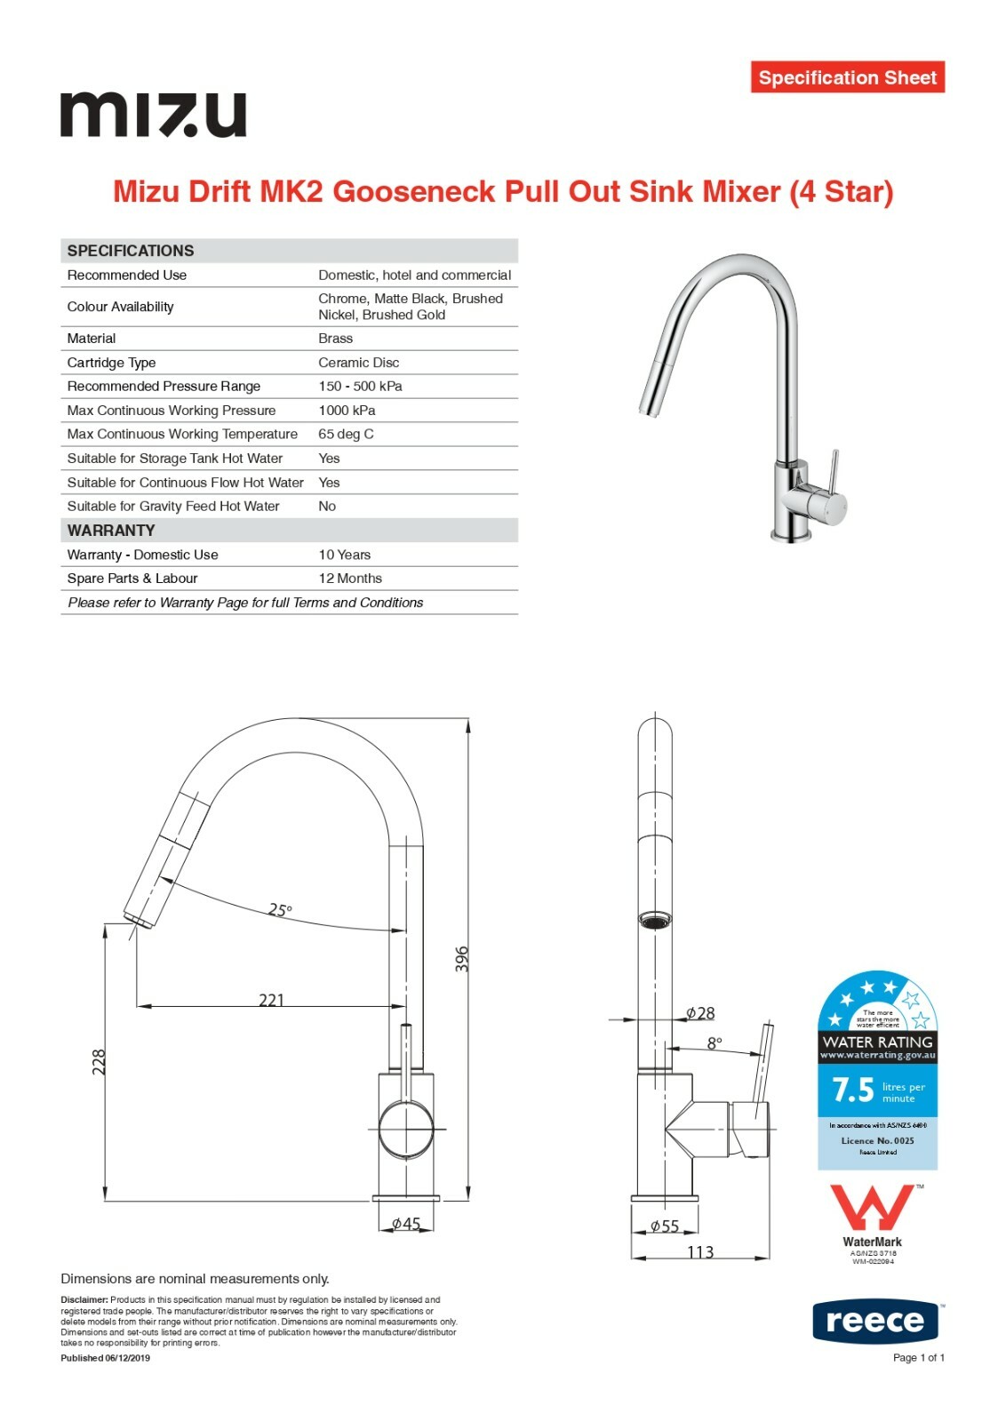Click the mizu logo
coord(153,115)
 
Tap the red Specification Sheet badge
coord(847,77)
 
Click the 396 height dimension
coord(461,959)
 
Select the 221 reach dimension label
coord(271,1000)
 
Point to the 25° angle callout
coord(280,910)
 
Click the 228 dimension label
coord(99,1062)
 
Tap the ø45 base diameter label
coord(406,1224)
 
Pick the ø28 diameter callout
coord(700,1013)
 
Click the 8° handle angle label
coord(715,1043)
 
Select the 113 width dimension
coord(700,1252)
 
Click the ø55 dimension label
coord(664,1226)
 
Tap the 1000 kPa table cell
coord(347,411)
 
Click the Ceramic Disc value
coord(359,363)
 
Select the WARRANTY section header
coord(111,531)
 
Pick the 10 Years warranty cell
coord(345,555)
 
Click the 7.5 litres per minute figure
coord(854,1090)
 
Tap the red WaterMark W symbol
coord(871,1208)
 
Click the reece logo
coord(875,1322)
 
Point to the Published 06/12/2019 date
coord(105,1358)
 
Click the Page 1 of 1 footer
coord(918,1357)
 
